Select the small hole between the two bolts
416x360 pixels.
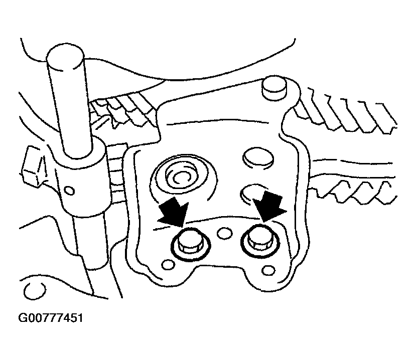pos(225,233)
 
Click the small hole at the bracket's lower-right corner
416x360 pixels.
pos(268,270)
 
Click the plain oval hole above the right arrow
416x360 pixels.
pos(257,158)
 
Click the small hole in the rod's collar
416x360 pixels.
pos(70,191)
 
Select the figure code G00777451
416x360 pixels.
pos(50,318)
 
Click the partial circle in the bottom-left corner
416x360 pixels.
pos(34,290)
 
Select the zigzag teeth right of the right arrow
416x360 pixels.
pos(353,192)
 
